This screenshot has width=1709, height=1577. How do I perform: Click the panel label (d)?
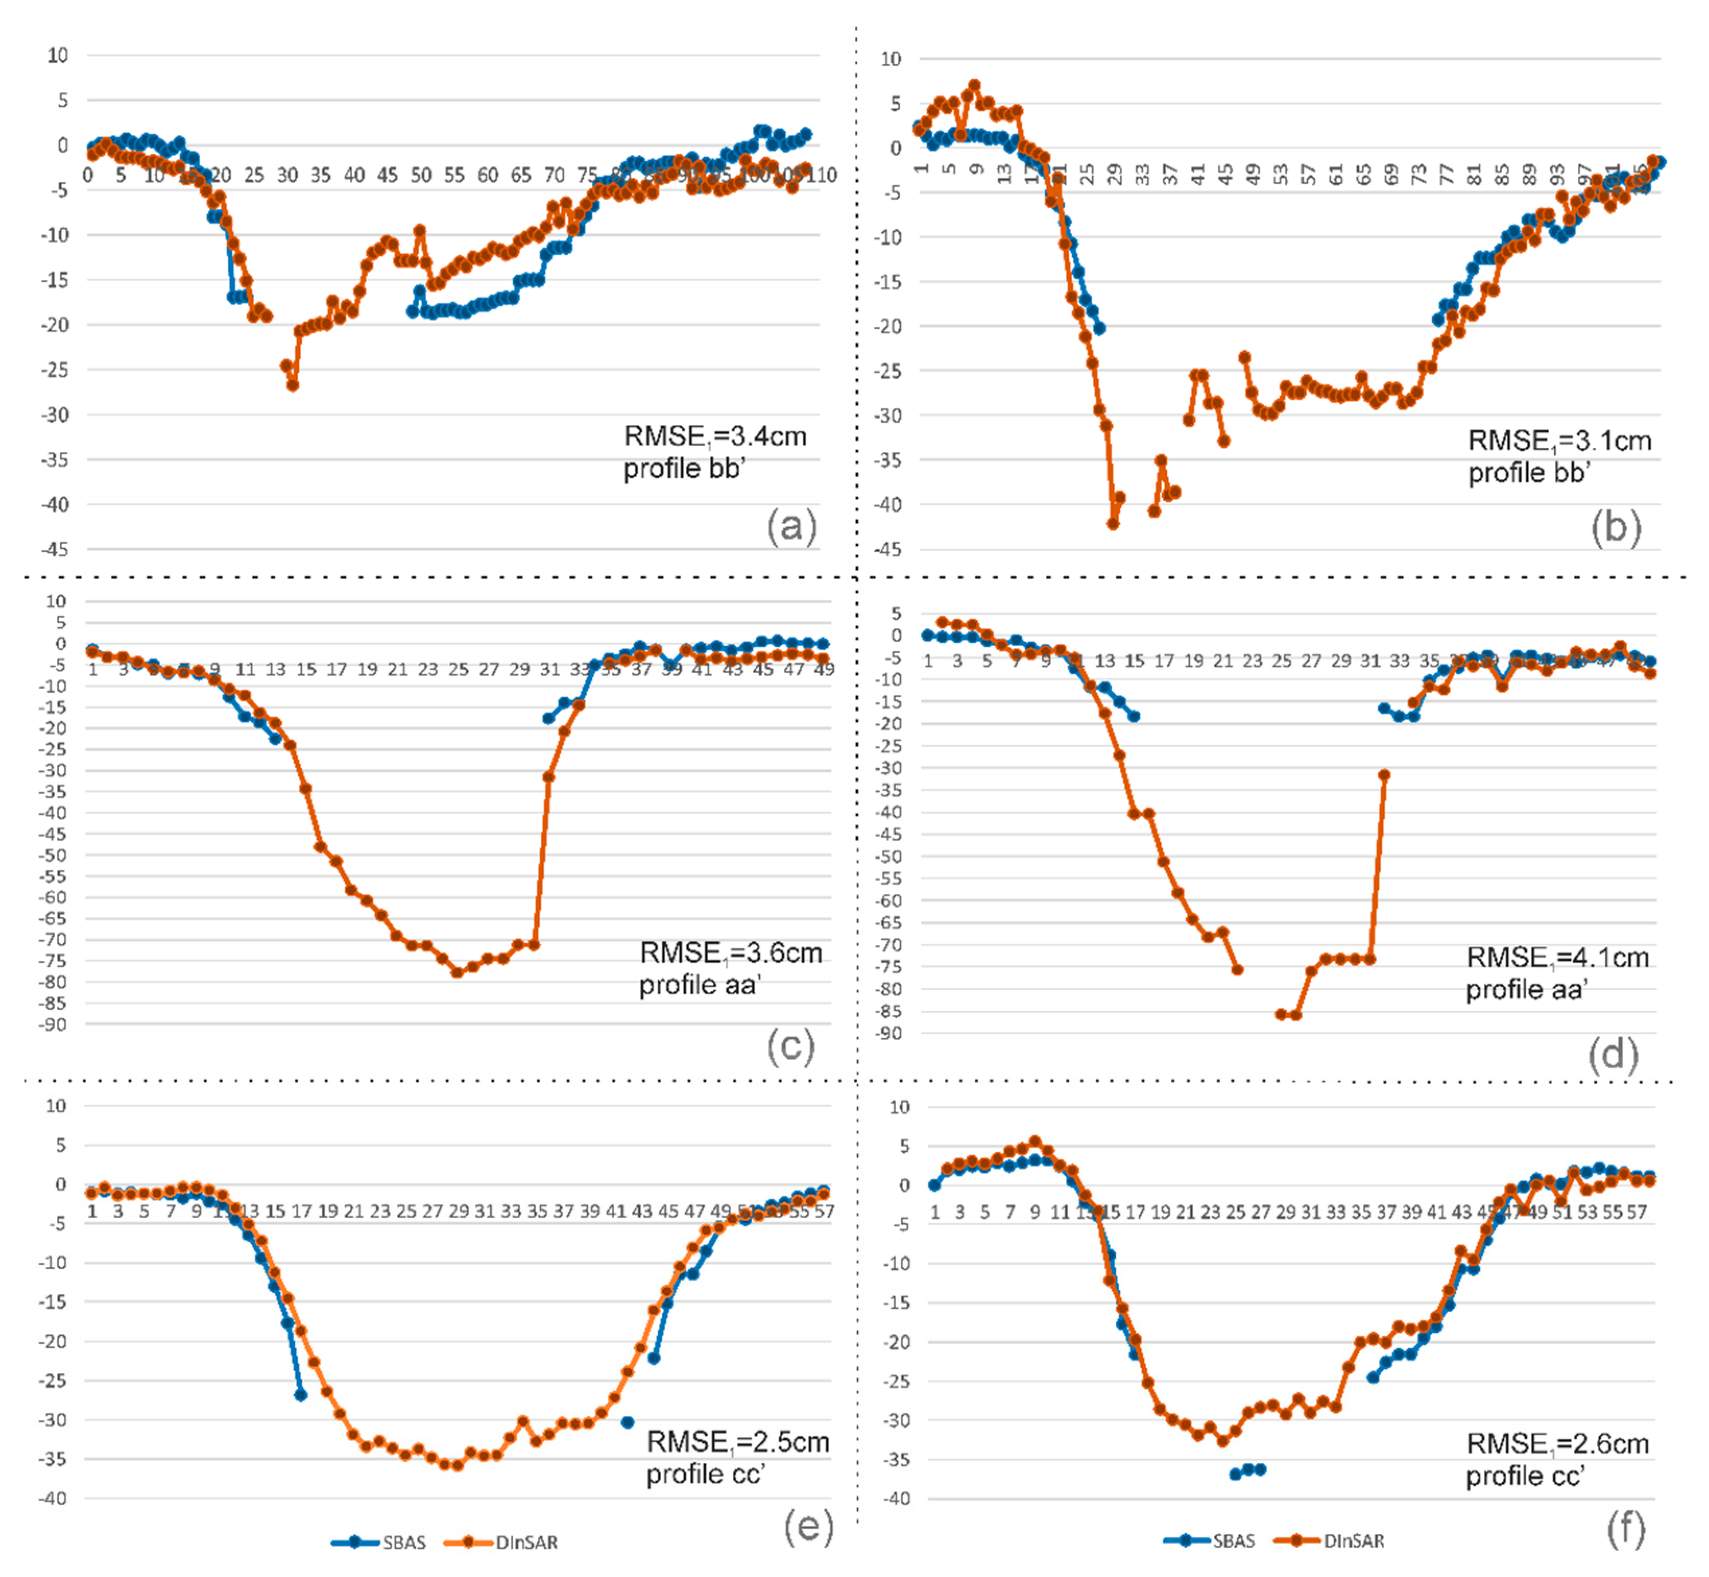click(x=1612, y=1054)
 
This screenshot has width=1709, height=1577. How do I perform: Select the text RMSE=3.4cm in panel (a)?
click(x=715, y=436)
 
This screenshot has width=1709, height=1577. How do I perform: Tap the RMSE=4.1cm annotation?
click(x=1557, y=958)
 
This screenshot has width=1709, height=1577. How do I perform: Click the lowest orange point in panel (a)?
click(x=293, y=386)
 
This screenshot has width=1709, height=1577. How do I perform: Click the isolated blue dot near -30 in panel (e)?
click(x=627, y=1421)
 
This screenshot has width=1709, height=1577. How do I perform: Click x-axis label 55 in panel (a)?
click(x=454, y=175)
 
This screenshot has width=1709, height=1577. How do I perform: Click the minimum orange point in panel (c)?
click(x=458, y=972)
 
